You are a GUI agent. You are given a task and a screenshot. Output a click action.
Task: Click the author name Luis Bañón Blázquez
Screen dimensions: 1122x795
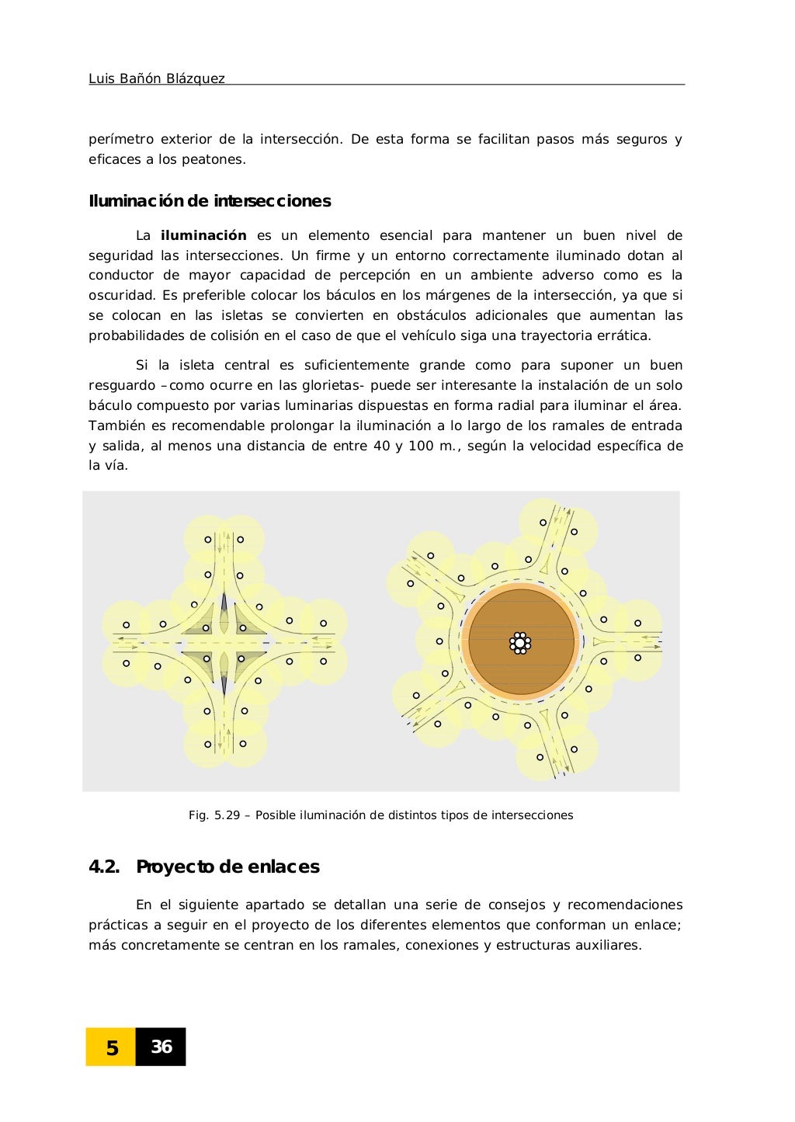click(x=157, y=78)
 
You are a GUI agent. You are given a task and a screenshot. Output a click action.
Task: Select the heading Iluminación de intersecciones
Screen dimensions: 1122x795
click(x=210, y=201)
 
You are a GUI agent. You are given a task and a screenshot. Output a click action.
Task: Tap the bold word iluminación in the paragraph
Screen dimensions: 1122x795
click(x=203, y=235)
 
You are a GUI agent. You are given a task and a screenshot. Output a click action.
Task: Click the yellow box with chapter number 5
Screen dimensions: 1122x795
click(x=111, y=1047)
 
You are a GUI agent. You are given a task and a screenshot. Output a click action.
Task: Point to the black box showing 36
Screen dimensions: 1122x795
click(x=161, y=1047)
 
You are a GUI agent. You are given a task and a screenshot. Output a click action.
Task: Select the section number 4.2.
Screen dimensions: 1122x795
click(x=104, y=867)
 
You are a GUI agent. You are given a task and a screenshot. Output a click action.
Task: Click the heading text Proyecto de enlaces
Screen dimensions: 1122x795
click(x=227, y=867)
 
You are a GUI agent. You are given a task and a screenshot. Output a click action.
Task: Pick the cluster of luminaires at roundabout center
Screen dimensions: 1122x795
click(x=520, y=643)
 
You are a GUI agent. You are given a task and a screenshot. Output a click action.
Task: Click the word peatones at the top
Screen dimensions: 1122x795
click(x=219, y=160)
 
